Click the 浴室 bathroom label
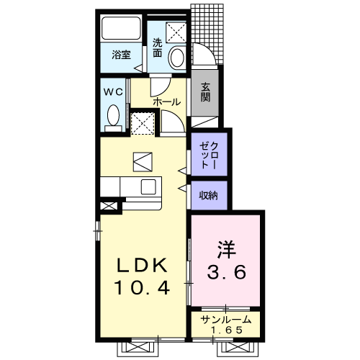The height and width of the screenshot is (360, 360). click(x=121, y=55)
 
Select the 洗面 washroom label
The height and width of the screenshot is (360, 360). click(x=158, y=48)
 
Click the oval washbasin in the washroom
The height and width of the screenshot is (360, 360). click(x=178, y=58)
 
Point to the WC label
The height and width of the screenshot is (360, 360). click(x=113, y=91)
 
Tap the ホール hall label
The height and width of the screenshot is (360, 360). click(x=166, y=102)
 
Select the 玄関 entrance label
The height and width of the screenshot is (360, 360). click(x=206, y=92)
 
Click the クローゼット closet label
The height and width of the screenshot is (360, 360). click(x=210, y=156)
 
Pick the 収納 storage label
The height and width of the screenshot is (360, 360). click(x=208, y=195)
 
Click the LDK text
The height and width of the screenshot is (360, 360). click(x=142, y=265)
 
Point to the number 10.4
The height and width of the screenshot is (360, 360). click(x=143, y=288)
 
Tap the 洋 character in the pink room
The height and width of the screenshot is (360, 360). click(x=226, y=249)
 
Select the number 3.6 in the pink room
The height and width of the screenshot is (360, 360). click(x=227, y=272)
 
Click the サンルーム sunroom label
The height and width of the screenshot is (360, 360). click(x=226, y=320)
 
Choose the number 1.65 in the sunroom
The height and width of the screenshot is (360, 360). click(x=226, y=330)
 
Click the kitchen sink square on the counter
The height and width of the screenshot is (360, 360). click(x=149, y=187)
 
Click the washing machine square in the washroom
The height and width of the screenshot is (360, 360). click(x=176, y=32)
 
